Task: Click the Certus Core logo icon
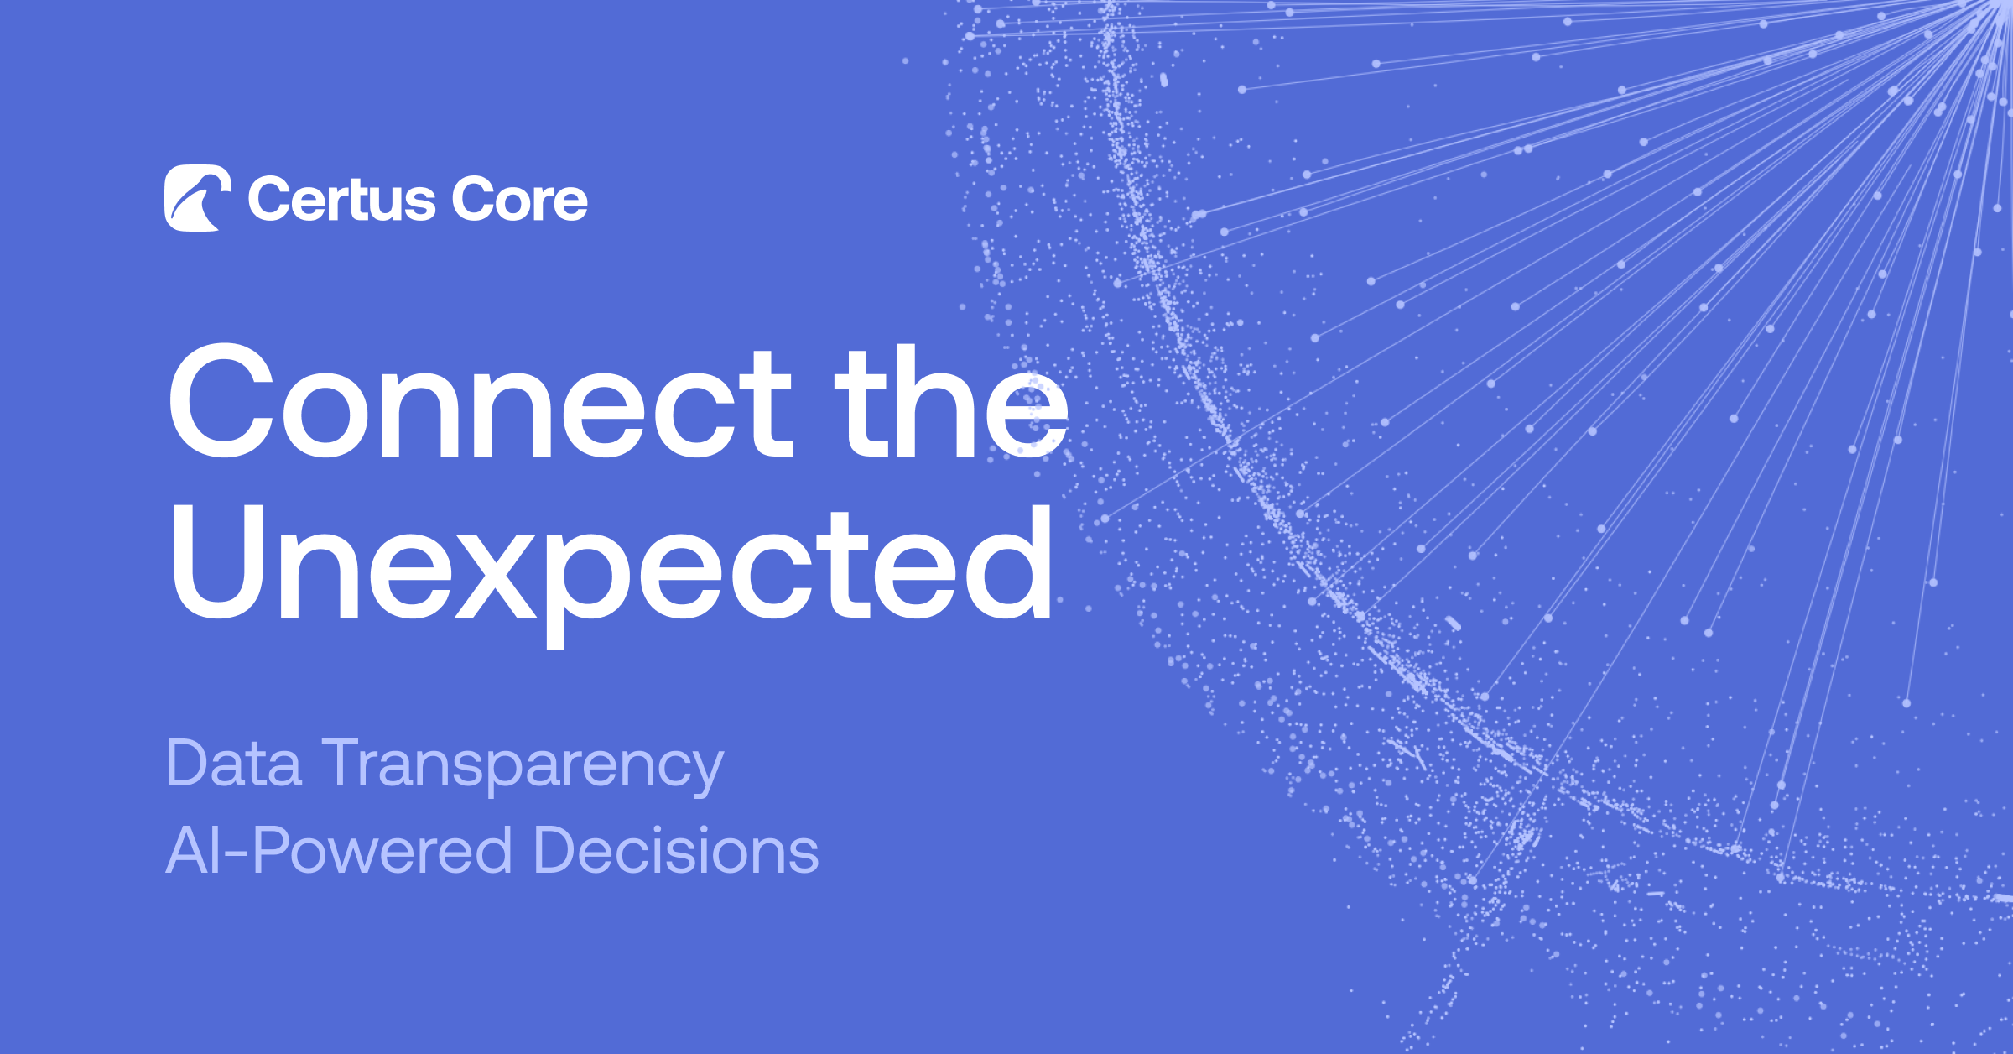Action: tap(198, 198)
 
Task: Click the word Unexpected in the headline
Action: tap(611, 564)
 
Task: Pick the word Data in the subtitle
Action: tap(234, 764)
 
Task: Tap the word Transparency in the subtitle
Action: tap(523, 765)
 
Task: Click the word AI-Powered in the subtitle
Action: tap(339, 850)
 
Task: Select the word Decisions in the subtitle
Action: tap(676, 850)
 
